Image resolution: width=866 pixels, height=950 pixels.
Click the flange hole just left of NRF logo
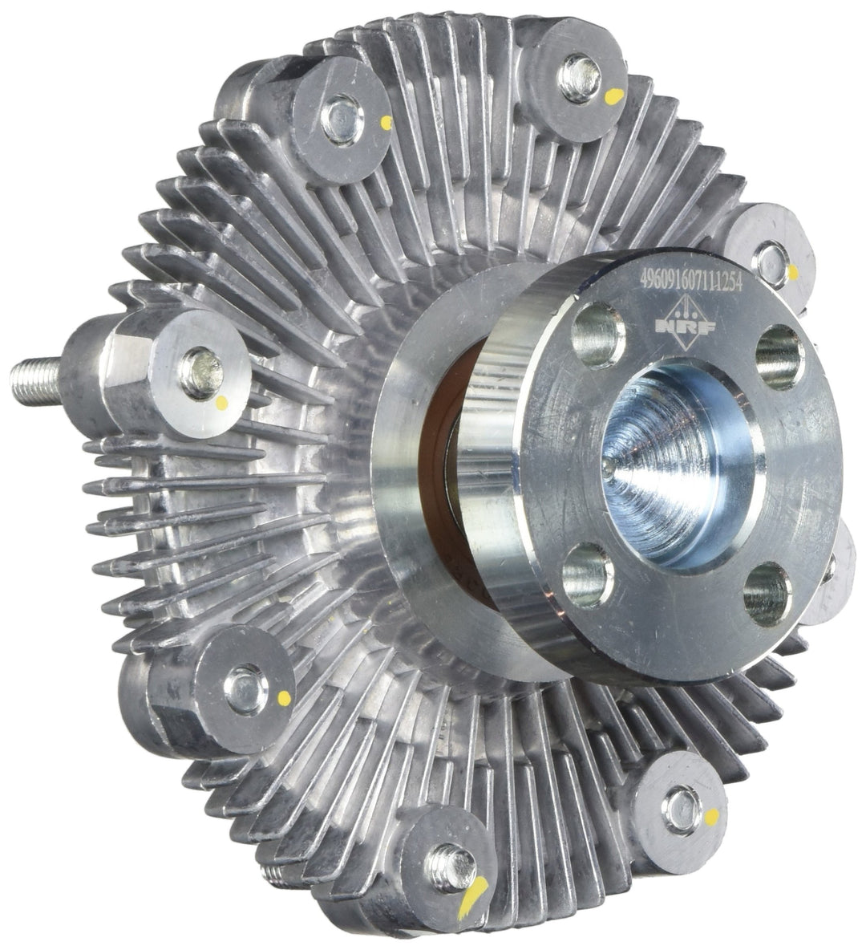pyautogui.click(x=597, y=335)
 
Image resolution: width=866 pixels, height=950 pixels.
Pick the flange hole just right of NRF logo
pyautogui.click(x=780, y=357)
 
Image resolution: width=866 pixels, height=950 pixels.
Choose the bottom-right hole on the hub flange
pyautogui.click(x=767, y=594)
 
